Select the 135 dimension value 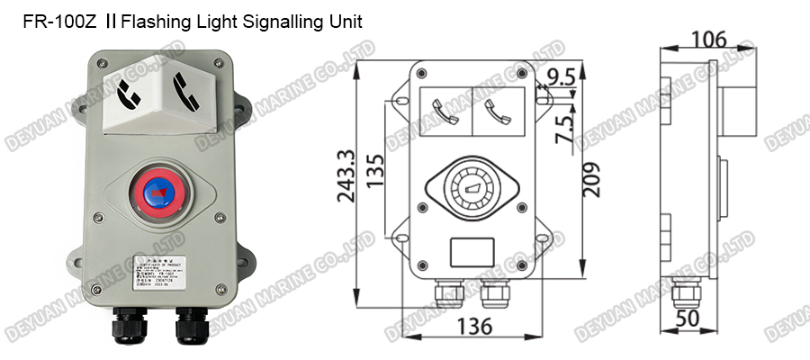[377, 168]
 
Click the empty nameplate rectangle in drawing [472, 249]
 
